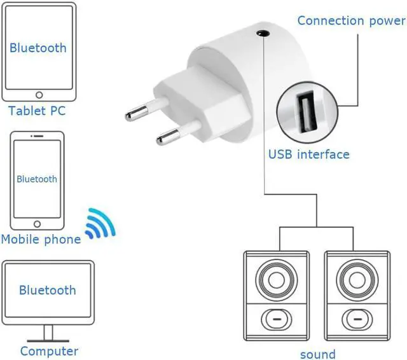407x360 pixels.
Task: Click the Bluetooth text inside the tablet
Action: (x=38, y=48)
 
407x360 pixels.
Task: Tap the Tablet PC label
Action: (x=37, y=111)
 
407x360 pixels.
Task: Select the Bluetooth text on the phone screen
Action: (x=37, y=179)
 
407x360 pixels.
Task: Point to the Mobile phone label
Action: (x=41, y=239)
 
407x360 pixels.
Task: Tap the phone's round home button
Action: (x=38, y=225)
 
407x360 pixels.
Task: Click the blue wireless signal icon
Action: (x=101, y=224)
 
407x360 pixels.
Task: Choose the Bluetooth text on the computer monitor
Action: (x=47, y=291)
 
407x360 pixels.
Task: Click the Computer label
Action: (x=49, y=350)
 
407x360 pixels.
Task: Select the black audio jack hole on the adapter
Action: (x=261, y=32)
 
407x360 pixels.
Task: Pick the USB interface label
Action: (x=308, y=154)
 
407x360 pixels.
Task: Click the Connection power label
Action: (x=351, y=20)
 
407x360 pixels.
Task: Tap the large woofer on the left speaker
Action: (x=276, y=279)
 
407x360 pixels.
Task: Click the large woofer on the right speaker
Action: (x=356, y=279)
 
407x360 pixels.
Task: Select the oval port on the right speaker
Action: (x=356, y=317)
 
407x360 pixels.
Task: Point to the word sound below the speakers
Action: (x=317, y=354)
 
